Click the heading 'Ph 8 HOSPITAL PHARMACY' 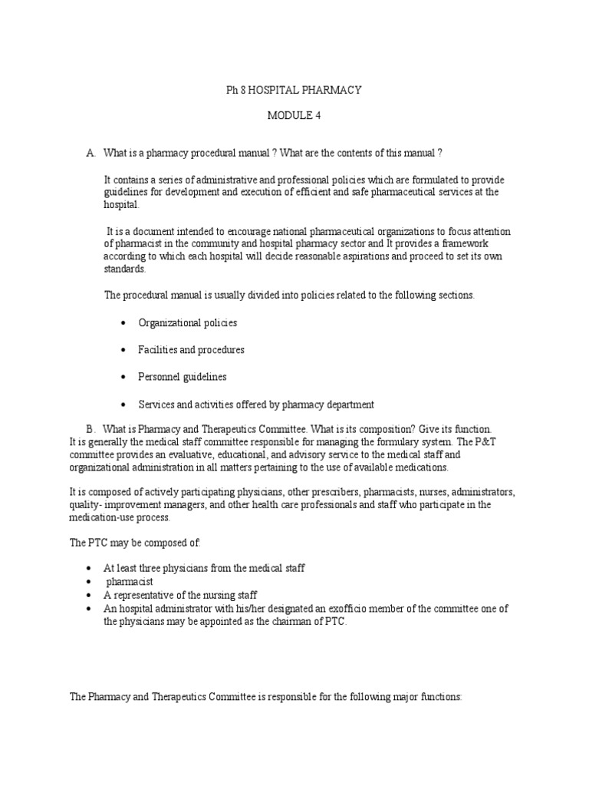(294, 91)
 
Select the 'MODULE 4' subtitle (294, 116)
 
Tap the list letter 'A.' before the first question (91, 154)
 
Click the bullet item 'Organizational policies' (188, 323)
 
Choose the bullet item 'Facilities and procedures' (191, 350)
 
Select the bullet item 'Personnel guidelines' (182, 377)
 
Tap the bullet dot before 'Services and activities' (123, 405)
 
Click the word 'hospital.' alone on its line (122, 205)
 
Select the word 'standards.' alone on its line (124, 269)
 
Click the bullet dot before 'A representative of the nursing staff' (89, 595)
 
